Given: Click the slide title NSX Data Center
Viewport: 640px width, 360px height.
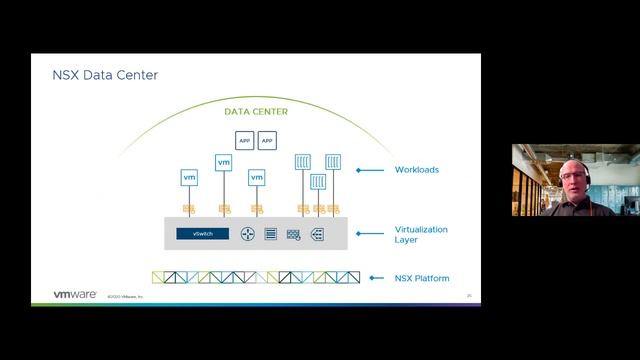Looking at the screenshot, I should coord(105,76).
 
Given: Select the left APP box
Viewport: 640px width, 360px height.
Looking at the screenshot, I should coord(244,141).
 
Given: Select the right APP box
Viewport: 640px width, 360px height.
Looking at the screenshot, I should coord(267,141).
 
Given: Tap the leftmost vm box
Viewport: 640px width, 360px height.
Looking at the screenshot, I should coord(189,177).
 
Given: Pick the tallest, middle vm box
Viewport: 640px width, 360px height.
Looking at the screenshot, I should coord(223,162).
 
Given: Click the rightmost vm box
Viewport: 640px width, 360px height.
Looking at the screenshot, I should coord(257,177).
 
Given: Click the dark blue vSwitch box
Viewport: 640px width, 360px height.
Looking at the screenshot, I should coord(203,234).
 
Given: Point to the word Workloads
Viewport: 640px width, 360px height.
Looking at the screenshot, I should coord(417,170).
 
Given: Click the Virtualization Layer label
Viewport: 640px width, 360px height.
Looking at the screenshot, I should coord(421,235).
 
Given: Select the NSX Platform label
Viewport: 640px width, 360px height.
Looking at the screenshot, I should coord(422,278).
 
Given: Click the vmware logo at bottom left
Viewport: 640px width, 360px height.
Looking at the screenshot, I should coord(75,295).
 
